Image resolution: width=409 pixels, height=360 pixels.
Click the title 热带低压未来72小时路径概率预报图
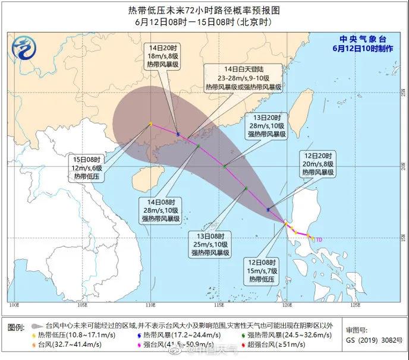coord(204,10)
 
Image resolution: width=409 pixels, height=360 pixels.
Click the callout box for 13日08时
coord(210,243)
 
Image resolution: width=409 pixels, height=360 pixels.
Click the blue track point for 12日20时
coord(269,209)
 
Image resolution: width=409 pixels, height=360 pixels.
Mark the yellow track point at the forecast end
coord(150,124)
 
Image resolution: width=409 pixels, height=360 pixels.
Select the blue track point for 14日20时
coord(178,134)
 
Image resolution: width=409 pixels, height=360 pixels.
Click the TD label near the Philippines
coord(319,239)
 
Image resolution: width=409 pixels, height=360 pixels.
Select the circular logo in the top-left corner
coord(25,43)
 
